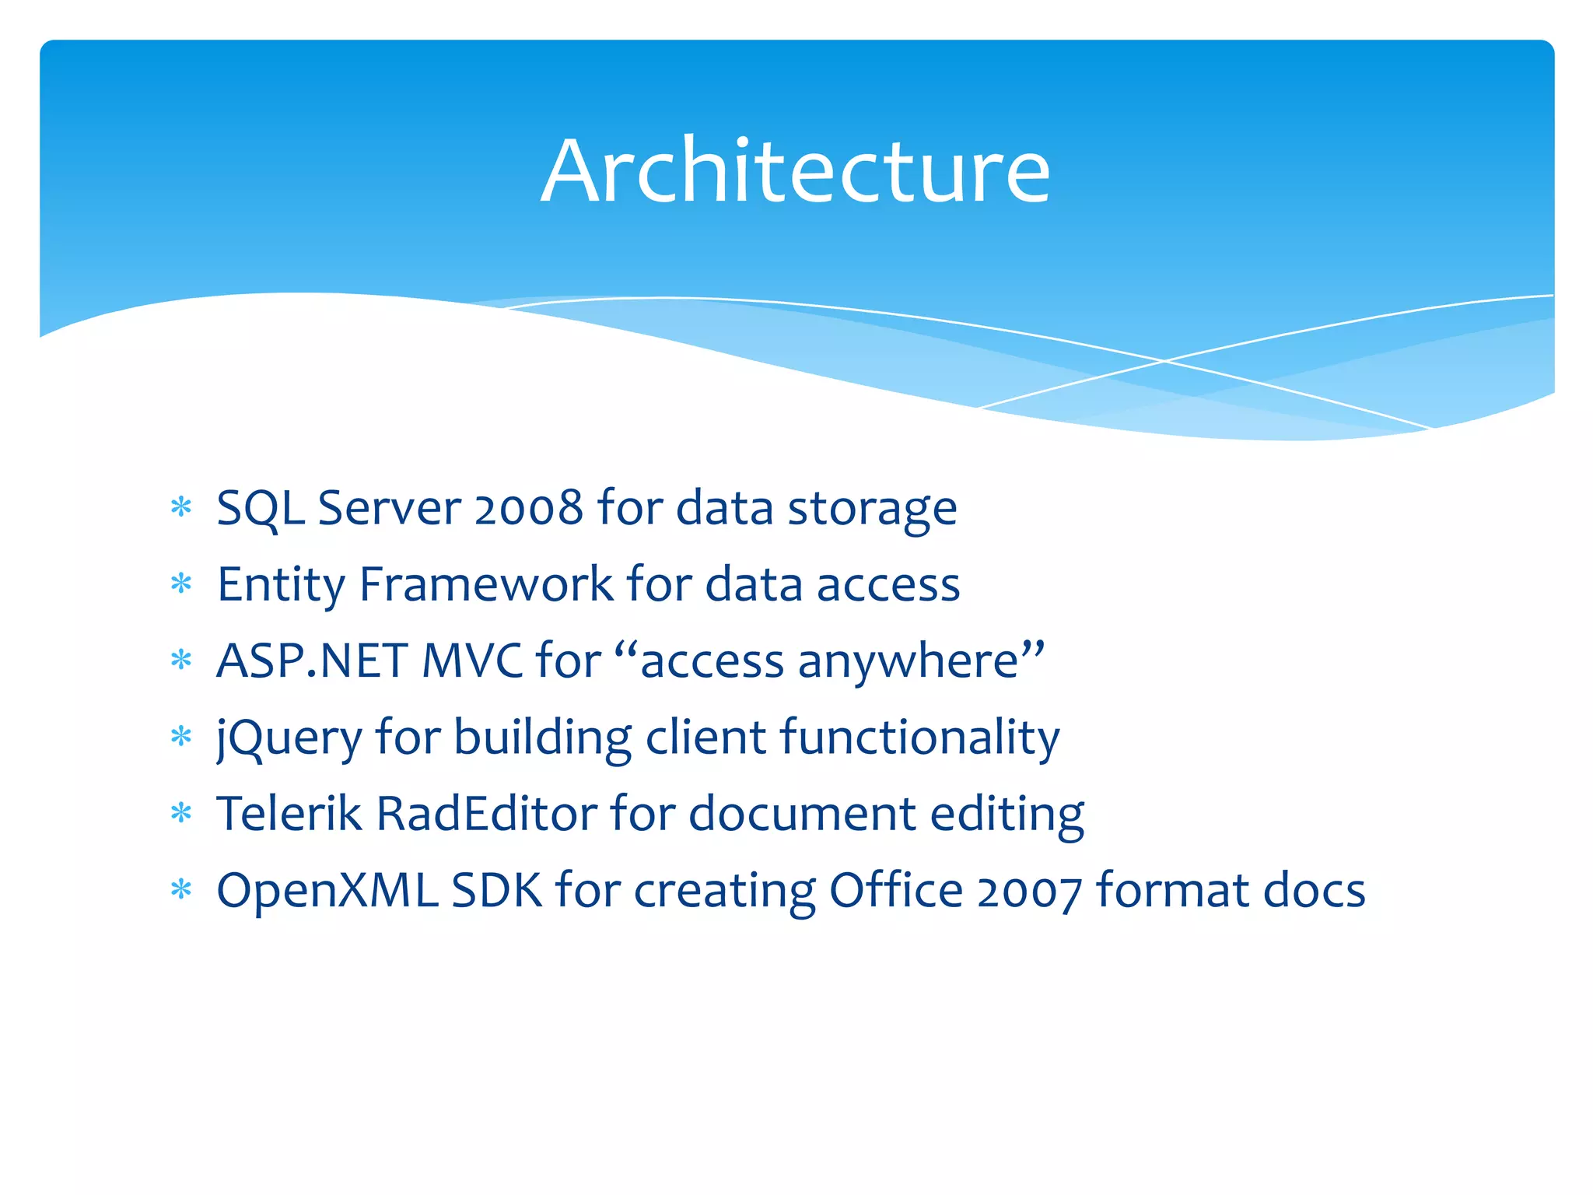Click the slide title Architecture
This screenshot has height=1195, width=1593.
795,171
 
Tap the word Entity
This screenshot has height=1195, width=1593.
281,584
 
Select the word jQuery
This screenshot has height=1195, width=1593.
289,738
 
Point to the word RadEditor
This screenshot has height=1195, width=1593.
486,814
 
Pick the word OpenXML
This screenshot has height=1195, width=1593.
327,890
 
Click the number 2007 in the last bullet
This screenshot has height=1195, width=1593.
1029,892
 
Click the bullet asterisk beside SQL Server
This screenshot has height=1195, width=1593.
181,508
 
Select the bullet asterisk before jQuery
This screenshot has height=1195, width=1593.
181,736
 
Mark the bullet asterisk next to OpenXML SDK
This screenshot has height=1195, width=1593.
181,888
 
